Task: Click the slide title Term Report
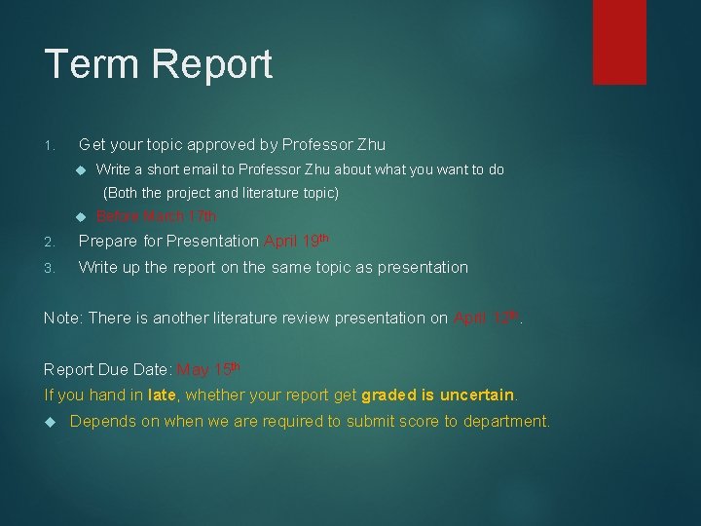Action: click(159, 65)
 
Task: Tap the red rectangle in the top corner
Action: click(619, 41)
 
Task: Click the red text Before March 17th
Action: click(156, 216)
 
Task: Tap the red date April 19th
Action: click(297, 241)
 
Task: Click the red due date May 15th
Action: click(208, 369)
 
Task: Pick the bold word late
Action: click(162, 394)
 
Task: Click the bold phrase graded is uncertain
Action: click(437, 394)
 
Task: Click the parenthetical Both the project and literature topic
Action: click(221, 193)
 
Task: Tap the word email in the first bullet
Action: click(192, 169)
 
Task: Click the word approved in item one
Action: click(207, 145)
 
